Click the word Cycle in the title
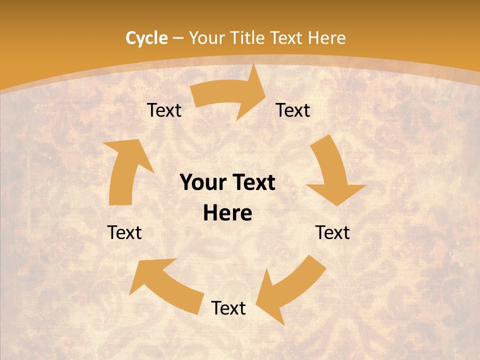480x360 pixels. (146, 38)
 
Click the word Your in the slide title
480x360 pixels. (206, 38)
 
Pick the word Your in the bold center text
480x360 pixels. (202, 183)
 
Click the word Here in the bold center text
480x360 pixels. (227, 213)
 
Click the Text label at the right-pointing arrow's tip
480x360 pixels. (293, 110)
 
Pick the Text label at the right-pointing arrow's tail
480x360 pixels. (164, 110)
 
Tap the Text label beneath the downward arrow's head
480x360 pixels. (332, 232)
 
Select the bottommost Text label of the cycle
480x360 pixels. (228, 308)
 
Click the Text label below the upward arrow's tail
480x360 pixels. (124, 232)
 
